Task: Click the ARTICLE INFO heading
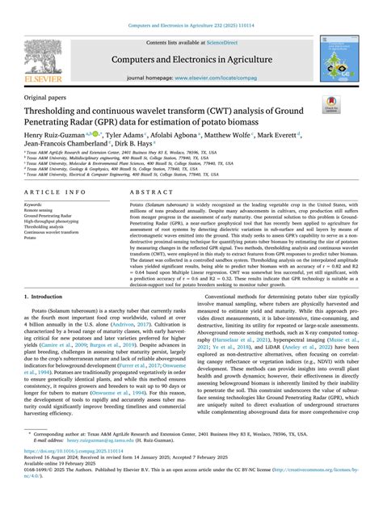[x=55, y=192]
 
